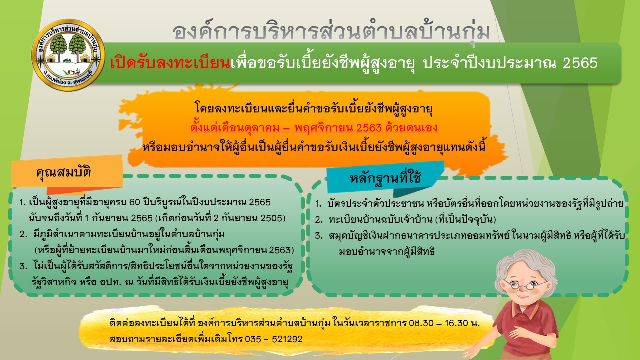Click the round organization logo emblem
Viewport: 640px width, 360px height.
tap(68, 55)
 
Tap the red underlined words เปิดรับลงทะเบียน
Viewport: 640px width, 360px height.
tap(170, 63)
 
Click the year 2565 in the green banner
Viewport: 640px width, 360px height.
tap(580, 63)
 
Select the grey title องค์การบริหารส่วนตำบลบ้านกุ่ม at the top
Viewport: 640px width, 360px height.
tap(331, 32)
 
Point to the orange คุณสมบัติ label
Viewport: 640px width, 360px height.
tap(64, 172)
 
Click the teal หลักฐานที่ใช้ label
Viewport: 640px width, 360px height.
tap(385, 178)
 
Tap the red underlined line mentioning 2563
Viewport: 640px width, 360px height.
tap(314, 128)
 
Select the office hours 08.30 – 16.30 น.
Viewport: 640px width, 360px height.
tap(444, 323)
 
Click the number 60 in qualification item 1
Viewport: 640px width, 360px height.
tap(135, 202)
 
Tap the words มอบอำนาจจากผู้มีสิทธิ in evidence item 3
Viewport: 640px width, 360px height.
tap(387, 251)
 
